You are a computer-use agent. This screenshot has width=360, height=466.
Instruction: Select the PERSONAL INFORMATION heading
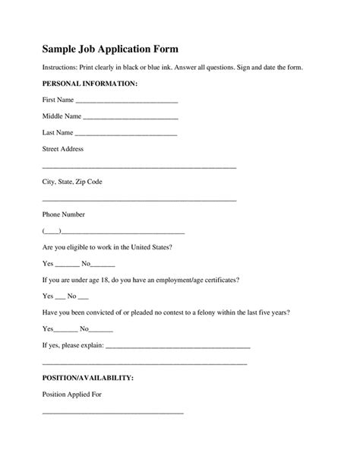(x=90, y=83)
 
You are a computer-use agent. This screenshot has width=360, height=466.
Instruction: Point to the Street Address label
(x=63, y=149)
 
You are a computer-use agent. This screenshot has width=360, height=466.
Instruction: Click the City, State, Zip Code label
(x=72, y=182)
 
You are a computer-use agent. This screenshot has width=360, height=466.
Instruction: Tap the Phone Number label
(x=64, y=214)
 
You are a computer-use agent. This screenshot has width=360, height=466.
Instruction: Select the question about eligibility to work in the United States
(x=107, y=247)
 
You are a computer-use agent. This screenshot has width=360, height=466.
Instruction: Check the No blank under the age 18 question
(x=83, y=296)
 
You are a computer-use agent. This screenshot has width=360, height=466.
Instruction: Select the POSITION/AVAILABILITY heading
(x=88, y=378)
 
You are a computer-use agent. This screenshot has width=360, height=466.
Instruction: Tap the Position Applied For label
(x=71, y=395)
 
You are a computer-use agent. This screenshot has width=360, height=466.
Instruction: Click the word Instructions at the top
(x=60, y=68)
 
